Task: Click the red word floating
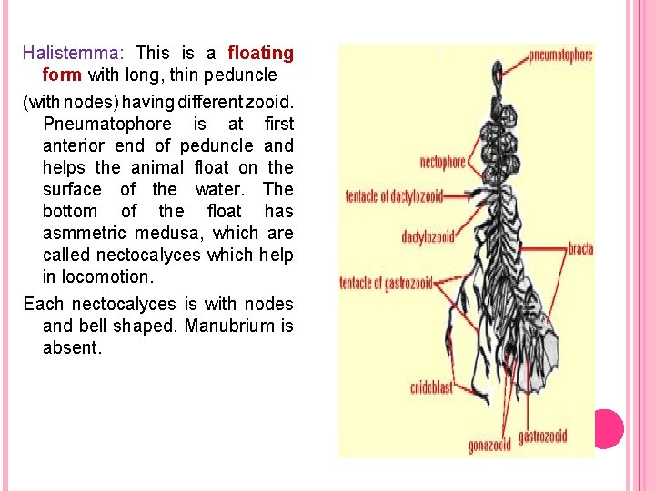point(260,53)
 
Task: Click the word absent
point(71,347)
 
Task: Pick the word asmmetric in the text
point(80,233)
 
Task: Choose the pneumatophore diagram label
point(560,55)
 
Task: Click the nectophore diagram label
point(443,164)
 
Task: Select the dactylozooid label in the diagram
point(428,237)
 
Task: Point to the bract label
point(581,245)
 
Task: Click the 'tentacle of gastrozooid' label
point(386,282)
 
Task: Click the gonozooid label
point(489,446)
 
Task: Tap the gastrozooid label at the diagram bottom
point(543,436)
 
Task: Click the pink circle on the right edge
point(608,428)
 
